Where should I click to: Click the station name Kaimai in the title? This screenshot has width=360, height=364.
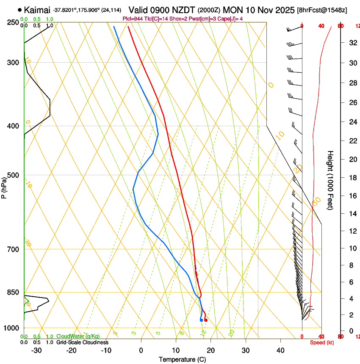click(37, 10)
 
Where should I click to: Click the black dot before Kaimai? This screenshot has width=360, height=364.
click(20, 10)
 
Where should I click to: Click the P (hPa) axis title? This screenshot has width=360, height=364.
click(4, 185)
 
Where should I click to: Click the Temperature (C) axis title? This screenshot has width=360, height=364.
click(182, 359)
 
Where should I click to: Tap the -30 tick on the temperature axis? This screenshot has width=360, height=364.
click(36, 350)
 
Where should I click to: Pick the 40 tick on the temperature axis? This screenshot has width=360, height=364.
click(280, 350)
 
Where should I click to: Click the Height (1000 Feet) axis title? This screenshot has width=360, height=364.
click(331, 180)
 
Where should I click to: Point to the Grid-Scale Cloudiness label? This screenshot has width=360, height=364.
click(82, 342)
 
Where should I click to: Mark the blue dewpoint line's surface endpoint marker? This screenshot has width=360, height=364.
click(201, 320)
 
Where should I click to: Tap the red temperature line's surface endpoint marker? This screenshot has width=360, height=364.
click(206, 320)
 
